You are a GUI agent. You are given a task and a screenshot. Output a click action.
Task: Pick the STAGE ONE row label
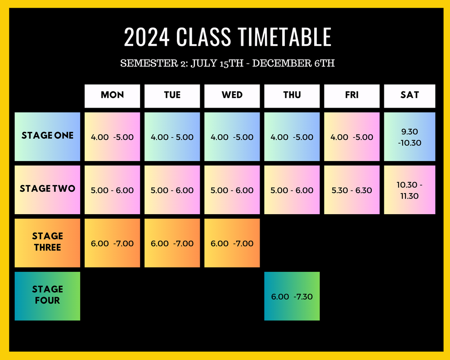click(x=47, y=136)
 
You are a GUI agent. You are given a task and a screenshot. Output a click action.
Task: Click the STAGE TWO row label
click(x=47, y=189)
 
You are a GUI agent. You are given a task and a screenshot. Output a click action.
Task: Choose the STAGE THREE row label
click(x=47, y=243)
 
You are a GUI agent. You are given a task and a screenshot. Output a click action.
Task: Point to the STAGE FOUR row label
click(x=47, y=296)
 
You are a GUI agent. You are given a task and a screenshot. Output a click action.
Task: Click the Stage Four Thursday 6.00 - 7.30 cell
click(x=292, y=296)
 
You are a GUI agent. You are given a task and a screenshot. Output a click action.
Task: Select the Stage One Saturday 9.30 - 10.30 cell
click(x=409, y=136)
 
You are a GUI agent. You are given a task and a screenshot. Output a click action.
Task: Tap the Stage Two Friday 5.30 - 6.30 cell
click(x=352, y=190)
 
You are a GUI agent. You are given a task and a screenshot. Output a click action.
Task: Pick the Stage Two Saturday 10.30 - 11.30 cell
click(x=409, y=190)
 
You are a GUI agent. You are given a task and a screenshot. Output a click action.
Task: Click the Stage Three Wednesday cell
click(x=232, y=243)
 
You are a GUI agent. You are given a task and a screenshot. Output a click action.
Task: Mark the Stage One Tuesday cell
click(x=172, y=137)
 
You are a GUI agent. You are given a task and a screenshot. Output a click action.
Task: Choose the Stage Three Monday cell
click(x=112, y=243)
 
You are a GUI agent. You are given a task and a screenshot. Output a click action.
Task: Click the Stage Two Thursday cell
click(x=292, y=190)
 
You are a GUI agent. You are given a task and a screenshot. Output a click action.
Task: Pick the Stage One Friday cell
click(x=352, y=137)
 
